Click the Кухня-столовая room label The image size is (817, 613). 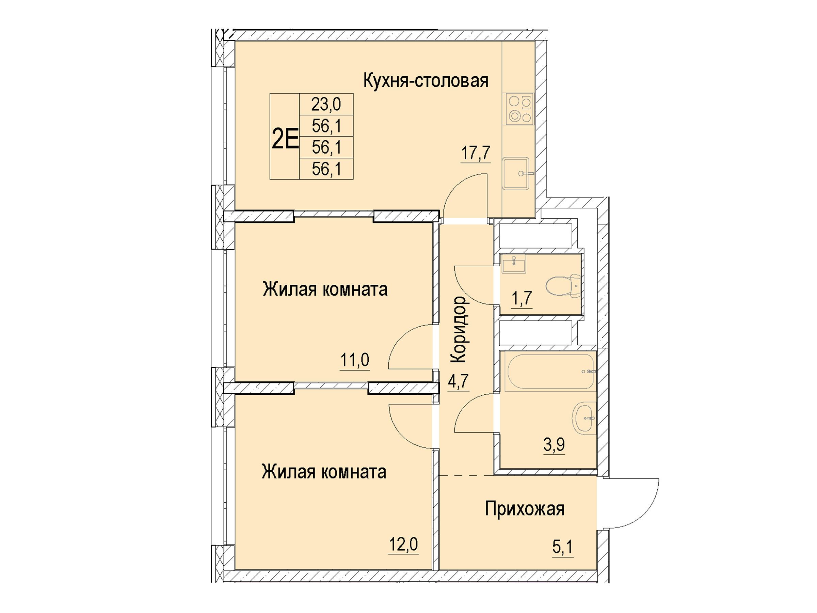[x=426, y=81]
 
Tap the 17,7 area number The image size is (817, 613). [x=476, y=152]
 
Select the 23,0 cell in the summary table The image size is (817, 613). [x=326, y=104]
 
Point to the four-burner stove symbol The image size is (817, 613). [x=519, y=109]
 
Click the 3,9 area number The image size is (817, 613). [x=554, y=445]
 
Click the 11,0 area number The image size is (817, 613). [x=355, y=360]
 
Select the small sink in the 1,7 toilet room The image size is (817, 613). [x=514, y=265]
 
